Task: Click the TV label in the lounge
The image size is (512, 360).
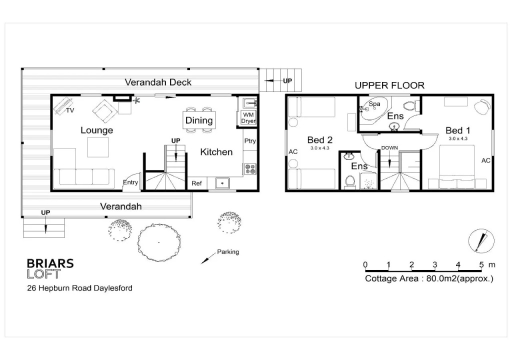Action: [x=70, y=110]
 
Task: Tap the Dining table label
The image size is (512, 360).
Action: [x=199, y=120]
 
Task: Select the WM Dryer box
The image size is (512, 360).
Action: [x=248, y=118]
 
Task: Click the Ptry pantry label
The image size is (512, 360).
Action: [x=250, y=141]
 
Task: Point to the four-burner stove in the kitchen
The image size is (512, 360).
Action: [x=250, y=169]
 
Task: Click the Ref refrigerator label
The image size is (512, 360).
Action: [x=196, y=183]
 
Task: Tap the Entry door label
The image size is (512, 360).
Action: [x=130, y=182]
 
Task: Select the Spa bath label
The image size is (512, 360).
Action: [x=374, y=104]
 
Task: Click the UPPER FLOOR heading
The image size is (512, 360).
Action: [x=389, y=85]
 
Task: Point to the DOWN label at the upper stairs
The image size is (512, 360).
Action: [x=389, y=147]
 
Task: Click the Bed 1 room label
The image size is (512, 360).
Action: [x=458, y=130]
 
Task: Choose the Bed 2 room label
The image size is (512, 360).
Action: [x=319, y=140]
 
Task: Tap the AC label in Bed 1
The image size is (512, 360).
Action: [x=485, y=160]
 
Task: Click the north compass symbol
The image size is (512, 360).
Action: [x=481, y=241]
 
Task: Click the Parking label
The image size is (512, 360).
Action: [x=228, y=252]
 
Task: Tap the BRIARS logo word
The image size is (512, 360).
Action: [x=50, y=263]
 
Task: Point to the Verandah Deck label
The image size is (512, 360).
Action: [x=158, y=82]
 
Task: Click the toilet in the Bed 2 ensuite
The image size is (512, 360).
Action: [x=350, y=181]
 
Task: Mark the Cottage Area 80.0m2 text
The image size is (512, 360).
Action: [x=429, y=278]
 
